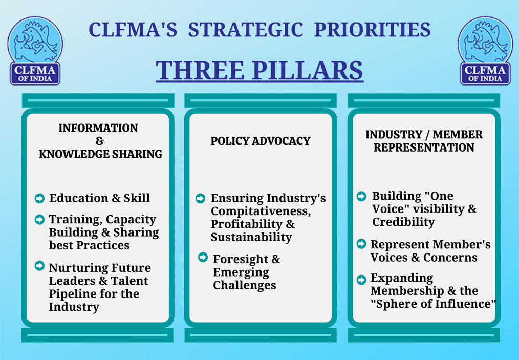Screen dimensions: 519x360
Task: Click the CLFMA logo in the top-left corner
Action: coord(35,51)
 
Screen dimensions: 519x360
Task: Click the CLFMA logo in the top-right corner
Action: coord(485,51)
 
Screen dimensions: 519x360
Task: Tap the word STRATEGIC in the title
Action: coord(246,30)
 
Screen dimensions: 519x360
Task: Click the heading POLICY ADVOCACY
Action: coord(261,141)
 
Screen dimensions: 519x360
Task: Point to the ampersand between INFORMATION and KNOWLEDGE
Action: coord(99,141)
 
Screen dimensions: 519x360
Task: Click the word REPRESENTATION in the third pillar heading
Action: coord(424,147)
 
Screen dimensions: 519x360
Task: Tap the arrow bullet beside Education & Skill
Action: coord(39,198)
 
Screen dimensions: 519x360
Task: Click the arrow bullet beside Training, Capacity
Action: coord(39,219)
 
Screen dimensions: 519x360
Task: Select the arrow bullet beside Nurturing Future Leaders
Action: coord(39,266)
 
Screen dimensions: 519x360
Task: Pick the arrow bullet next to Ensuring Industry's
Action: coord(200,198)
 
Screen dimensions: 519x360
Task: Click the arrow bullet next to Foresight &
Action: coord(203,257)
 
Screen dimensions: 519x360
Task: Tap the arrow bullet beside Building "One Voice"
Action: coord(361,196)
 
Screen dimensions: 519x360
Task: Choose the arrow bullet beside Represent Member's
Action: coord(361,244)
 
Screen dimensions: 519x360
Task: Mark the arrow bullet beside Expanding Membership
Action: coord(361,280)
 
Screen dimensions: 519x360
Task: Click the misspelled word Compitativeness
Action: coord(261,211)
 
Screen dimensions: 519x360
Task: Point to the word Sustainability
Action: coord(251,237)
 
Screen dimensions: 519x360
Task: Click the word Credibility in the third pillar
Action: coord(403,222)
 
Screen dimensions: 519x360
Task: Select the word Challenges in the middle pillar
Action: coord(244,285)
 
